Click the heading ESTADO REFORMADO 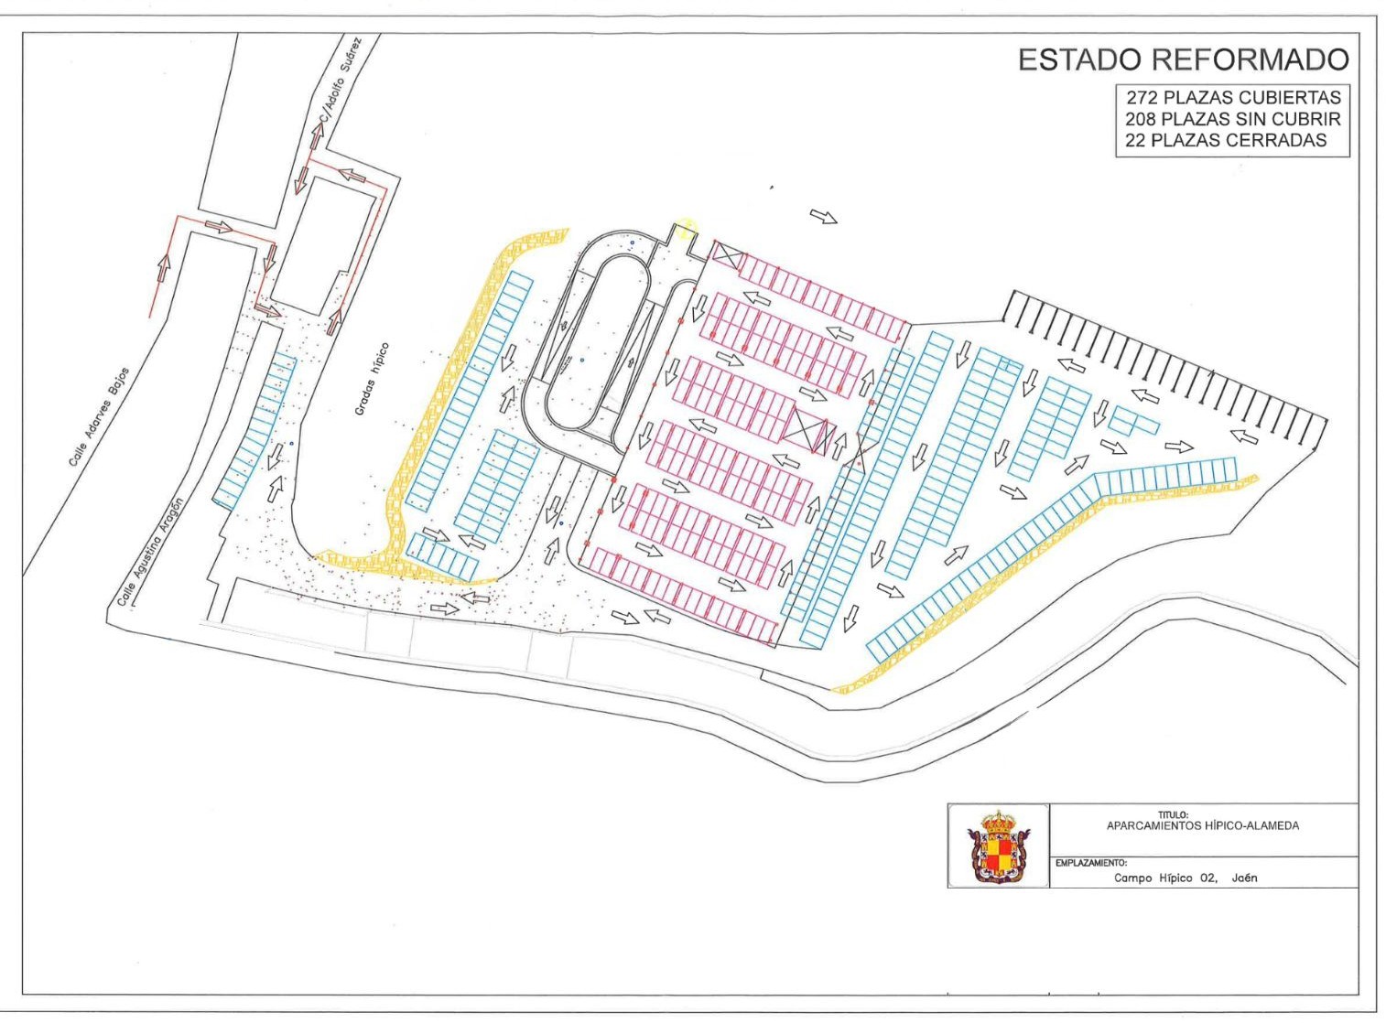coord(1183,59)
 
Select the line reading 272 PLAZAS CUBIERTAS coord(1232,98)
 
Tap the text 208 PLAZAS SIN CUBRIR coord(1232,119)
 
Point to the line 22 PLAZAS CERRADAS coord(1225,140)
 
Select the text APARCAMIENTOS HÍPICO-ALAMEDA coord(1202,825)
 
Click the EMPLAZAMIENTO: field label coord(1090,863)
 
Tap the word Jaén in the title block coord(1244,878)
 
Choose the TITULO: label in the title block coord(1172,814)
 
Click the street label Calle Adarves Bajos coord(99,416)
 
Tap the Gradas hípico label coord(372,379)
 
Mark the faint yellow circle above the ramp coord(688,226)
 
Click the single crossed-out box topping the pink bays coord(726,255)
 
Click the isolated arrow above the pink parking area coord(823,216)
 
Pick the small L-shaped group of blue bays coord(1132,421)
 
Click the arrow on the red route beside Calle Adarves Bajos coord(165,268)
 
